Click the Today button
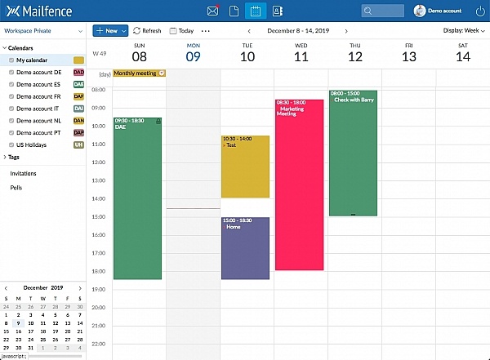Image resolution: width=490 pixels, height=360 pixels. click(181, 30)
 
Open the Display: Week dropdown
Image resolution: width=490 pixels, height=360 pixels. click(464, 30)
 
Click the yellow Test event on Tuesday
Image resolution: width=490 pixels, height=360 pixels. click(245, 167)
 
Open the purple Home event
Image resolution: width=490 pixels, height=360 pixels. click(245, 248)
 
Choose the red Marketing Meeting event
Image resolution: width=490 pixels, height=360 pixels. click(299, 184)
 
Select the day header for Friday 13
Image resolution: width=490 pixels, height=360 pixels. click(408, 53)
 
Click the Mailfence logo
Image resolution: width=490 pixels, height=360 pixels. click(38, 11)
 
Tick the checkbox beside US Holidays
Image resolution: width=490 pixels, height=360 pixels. click(11, 144)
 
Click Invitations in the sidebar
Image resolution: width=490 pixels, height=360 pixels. click(23, 173)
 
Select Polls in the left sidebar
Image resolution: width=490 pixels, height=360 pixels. click(16, 187)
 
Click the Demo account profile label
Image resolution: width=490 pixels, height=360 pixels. click(444, 11)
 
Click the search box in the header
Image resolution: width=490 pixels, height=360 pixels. click(383, 11)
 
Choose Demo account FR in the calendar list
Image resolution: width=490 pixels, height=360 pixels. click(38, 96)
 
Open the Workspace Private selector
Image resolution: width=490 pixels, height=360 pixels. click(42, 30)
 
